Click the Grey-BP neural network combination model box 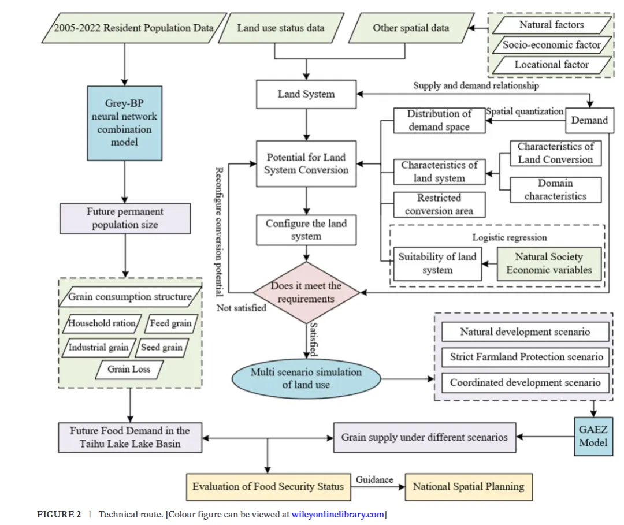[125, 122]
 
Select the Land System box [306, 94]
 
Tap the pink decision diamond [306, 292]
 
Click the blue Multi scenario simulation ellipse [306, 379]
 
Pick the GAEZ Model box [593, 436]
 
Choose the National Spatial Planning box [468, 486]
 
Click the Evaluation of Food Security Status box [268, 486]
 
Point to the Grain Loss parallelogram [129, 369]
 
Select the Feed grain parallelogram [170, 323]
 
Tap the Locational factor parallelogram [552, 65]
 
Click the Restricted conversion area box [439, 204]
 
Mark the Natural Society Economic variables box [549, 263]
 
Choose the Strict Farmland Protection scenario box [526, 357]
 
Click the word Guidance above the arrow [374, 479]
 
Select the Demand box [589, 120]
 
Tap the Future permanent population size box [125, 218]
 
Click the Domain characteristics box [555, 190]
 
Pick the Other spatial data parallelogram [411, 27]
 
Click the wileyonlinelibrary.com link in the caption [337, 514]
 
